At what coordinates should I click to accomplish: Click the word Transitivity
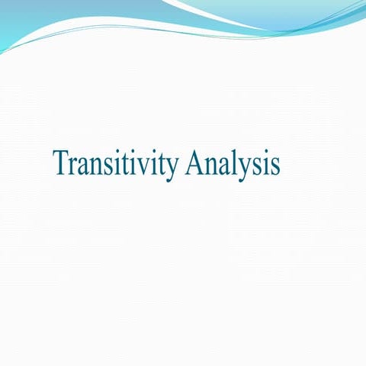116,163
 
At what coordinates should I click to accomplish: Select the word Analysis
233,163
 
